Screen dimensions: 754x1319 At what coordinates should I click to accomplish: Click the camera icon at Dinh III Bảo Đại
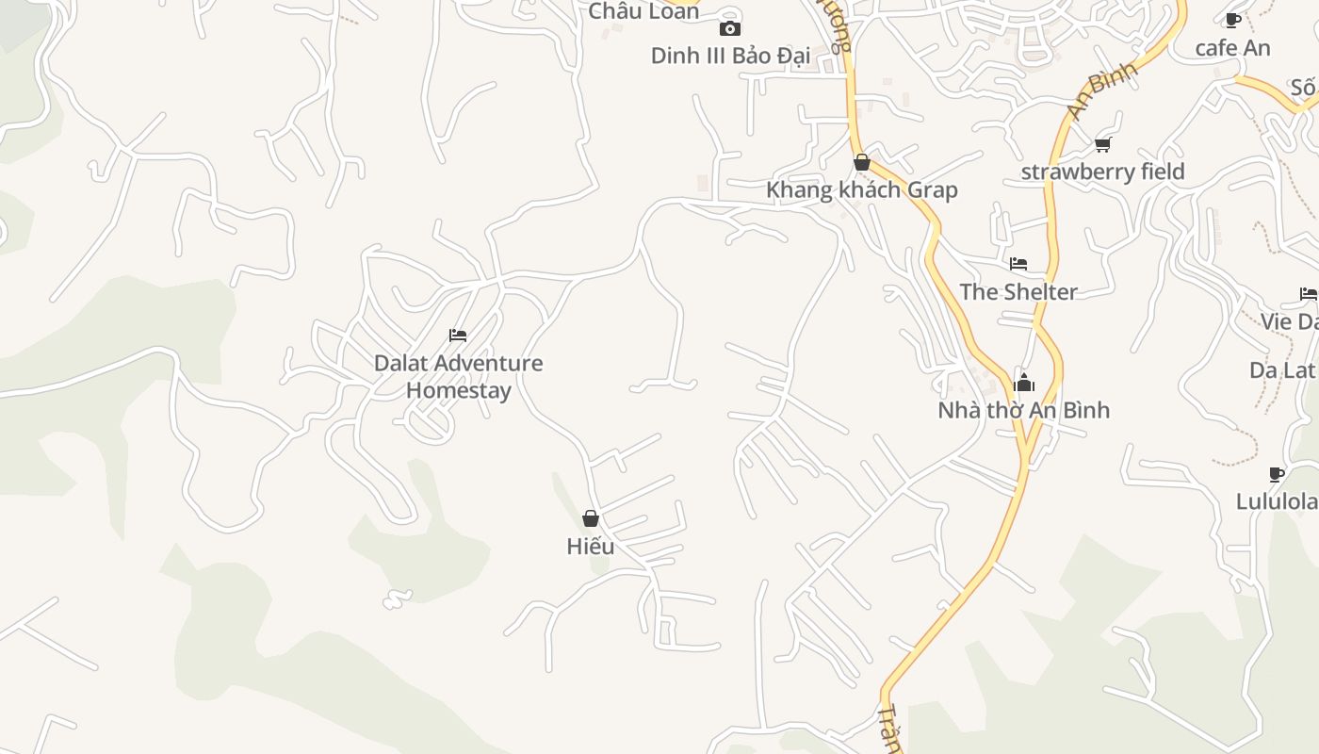(x=729, y=28)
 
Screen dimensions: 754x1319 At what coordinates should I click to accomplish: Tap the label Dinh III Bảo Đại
(x=730, y=56)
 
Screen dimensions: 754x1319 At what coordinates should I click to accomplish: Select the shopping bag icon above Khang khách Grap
(x=861, y=162)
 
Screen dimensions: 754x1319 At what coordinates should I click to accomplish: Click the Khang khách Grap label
(x=861, y=189)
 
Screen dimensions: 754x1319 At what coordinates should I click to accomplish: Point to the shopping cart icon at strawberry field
(x=1102, y=144)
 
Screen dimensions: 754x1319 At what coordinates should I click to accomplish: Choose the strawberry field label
(x=1102, y=172)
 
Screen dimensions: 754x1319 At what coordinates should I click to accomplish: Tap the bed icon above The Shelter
(x=1018, y=264)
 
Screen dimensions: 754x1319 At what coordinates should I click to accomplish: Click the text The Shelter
(x=1018, y=291)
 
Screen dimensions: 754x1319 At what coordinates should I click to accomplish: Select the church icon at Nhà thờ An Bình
(x=1023, y=383)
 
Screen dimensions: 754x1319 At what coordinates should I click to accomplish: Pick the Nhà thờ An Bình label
(x=1023, y=410)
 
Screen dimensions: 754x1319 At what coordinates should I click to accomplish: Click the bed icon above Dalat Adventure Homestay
(x=458, y=336)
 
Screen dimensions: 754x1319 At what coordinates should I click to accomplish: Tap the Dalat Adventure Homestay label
(x=458, y=376)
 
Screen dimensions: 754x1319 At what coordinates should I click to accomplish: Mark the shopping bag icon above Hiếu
(x=591, y=518)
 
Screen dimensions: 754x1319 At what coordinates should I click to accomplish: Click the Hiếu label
(x=591, y=546)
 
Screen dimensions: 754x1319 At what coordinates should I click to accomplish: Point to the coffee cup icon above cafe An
(x=1232, y=20)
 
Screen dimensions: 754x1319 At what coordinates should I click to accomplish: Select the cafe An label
(x=1232, y=47)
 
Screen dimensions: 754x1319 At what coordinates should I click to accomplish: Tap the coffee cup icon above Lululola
(x=1276, y=474)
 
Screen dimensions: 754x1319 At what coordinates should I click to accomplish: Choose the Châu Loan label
(x=643, y=11)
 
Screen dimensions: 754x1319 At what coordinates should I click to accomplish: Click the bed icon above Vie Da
(x=1308, y=294)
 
